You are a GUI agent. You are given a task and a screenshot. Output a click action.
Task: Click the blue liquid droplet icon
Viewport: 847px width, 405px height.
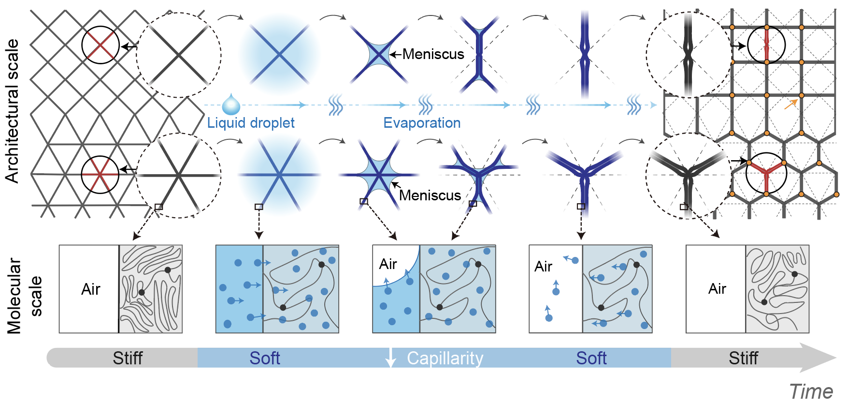tap(231, 105)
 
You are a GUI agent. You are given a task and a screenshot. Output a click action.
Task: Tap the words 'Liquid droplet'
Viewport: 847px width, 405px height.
tap(251, 123)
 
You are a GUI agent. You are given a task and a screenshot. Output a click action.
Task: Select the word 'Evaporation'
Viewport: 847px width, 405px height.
tap(422, 123)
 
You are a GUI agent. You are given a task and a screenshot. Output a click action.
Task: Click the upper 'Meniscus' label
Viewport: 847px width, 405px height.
tap(433, 54)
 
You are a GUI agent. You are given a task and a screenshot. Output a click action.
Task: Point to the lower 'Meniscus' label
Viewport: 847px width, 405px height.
tap(430, 195)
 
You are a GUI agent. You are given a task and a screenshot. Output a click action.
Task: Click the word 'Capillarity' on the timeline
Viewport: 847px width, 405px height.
tap(445, 358)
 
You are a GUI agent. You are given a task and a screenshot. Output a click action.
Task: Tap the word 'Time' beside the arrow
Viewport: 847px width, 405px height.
tap(811, 391)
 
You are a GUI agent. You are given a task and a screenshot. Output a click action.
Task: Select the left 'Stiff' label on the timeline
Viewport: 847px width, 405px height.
tap(128, 358)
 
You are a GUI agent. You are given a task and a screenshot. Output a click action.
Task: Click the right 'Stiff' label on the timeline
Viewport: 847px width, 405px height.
tap(743, 358)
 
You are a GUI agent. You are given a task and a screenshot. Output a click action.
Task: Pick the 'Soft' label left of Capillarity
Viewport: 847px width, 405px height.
tap(265, 358)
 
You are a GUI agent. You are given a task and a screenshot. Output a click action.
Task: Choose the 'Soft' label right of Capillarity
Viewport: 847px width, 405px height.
tap(591, 358)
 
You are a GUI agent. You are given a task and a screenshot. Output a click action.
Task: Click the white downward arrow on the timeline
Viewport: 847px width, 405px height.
tap(390, 358)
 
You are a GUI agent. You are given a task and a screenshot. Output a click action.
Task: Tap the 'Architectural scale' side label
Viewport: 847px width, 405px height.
tap(12, 111)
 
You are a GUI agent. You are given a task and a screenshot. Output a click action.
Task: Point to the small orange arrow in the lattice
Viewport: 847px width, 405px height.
tap(790, 104)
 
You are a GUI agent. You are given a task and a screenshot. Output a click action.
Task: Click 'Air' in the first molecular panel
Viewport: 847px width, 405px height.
tap(90, 289)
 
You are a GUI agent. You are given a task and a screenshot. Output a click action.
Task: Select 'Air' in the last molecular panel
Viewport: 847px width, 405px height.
tap(717, 289)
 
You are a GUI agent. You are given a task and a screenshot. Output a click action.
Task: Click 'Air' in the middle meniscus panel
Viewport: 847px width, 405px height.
tap(388, 264)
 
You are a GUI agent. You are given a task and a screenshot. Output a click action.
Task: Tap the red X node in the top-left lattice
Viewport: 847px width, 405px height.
tap(100, 45)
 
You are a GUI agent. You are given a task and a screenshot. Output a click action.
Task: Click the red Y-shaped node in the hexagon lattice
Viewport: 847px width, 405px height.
tap(766, 173)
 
